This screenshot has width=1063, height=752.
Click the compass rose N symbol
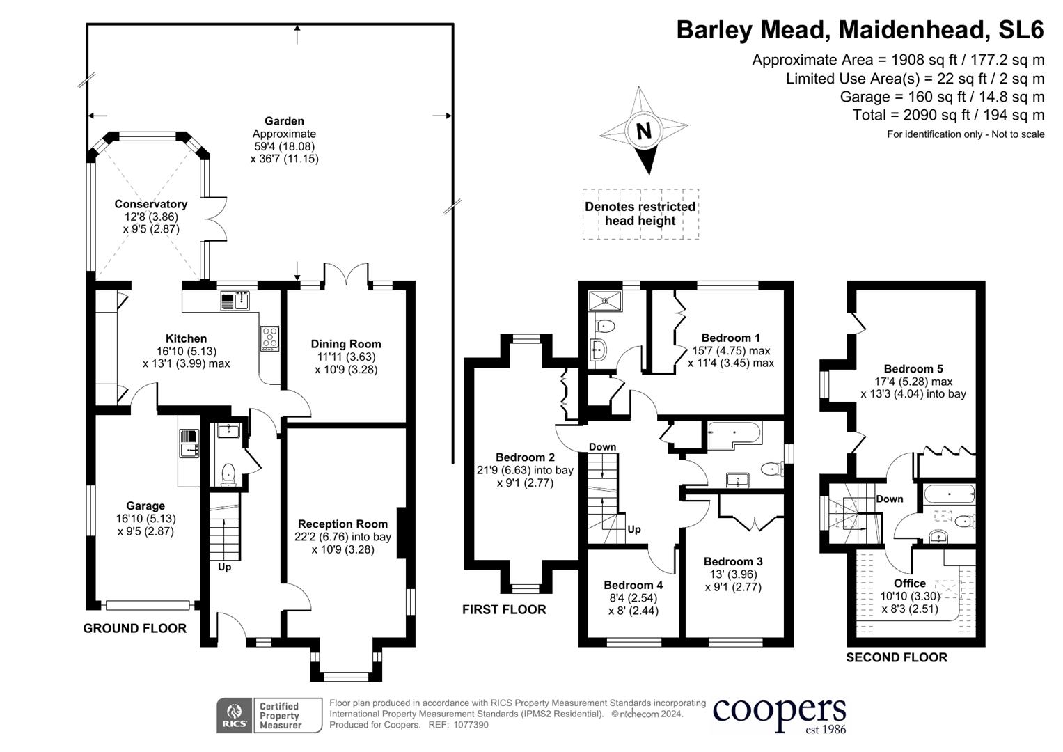644,130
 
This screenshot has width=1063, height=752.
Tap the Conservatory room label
151,204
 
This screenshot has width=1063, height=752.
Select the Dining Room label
346,344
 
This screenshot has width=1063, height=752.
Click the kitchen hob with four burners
269,338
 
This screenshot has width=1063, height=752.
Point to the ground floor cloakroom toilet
228,475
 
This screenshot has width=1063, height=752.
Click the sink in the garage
189,444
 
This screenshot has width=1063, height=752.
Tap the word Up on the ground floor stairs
224,567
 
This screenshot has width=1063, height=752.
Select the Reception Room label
342,524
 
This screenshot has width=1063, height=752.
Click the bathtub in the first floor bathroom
735,435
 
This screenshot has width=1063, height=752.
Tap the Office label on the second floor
910,583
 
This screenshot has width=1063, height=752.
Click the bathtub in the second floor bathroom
949,495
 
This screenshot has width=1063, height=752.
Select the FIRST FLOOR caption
504,610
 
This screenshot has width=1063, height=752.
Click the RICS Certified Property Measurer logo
269,715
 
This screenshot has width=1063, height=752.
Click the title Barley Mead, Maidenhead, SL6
860,30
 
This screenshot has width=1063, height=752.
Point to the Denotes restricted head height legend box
640,214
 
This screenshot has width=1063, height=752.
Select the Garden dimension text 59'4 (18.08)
284,146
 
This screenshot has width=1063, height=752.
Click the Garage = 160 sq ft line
941,97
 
